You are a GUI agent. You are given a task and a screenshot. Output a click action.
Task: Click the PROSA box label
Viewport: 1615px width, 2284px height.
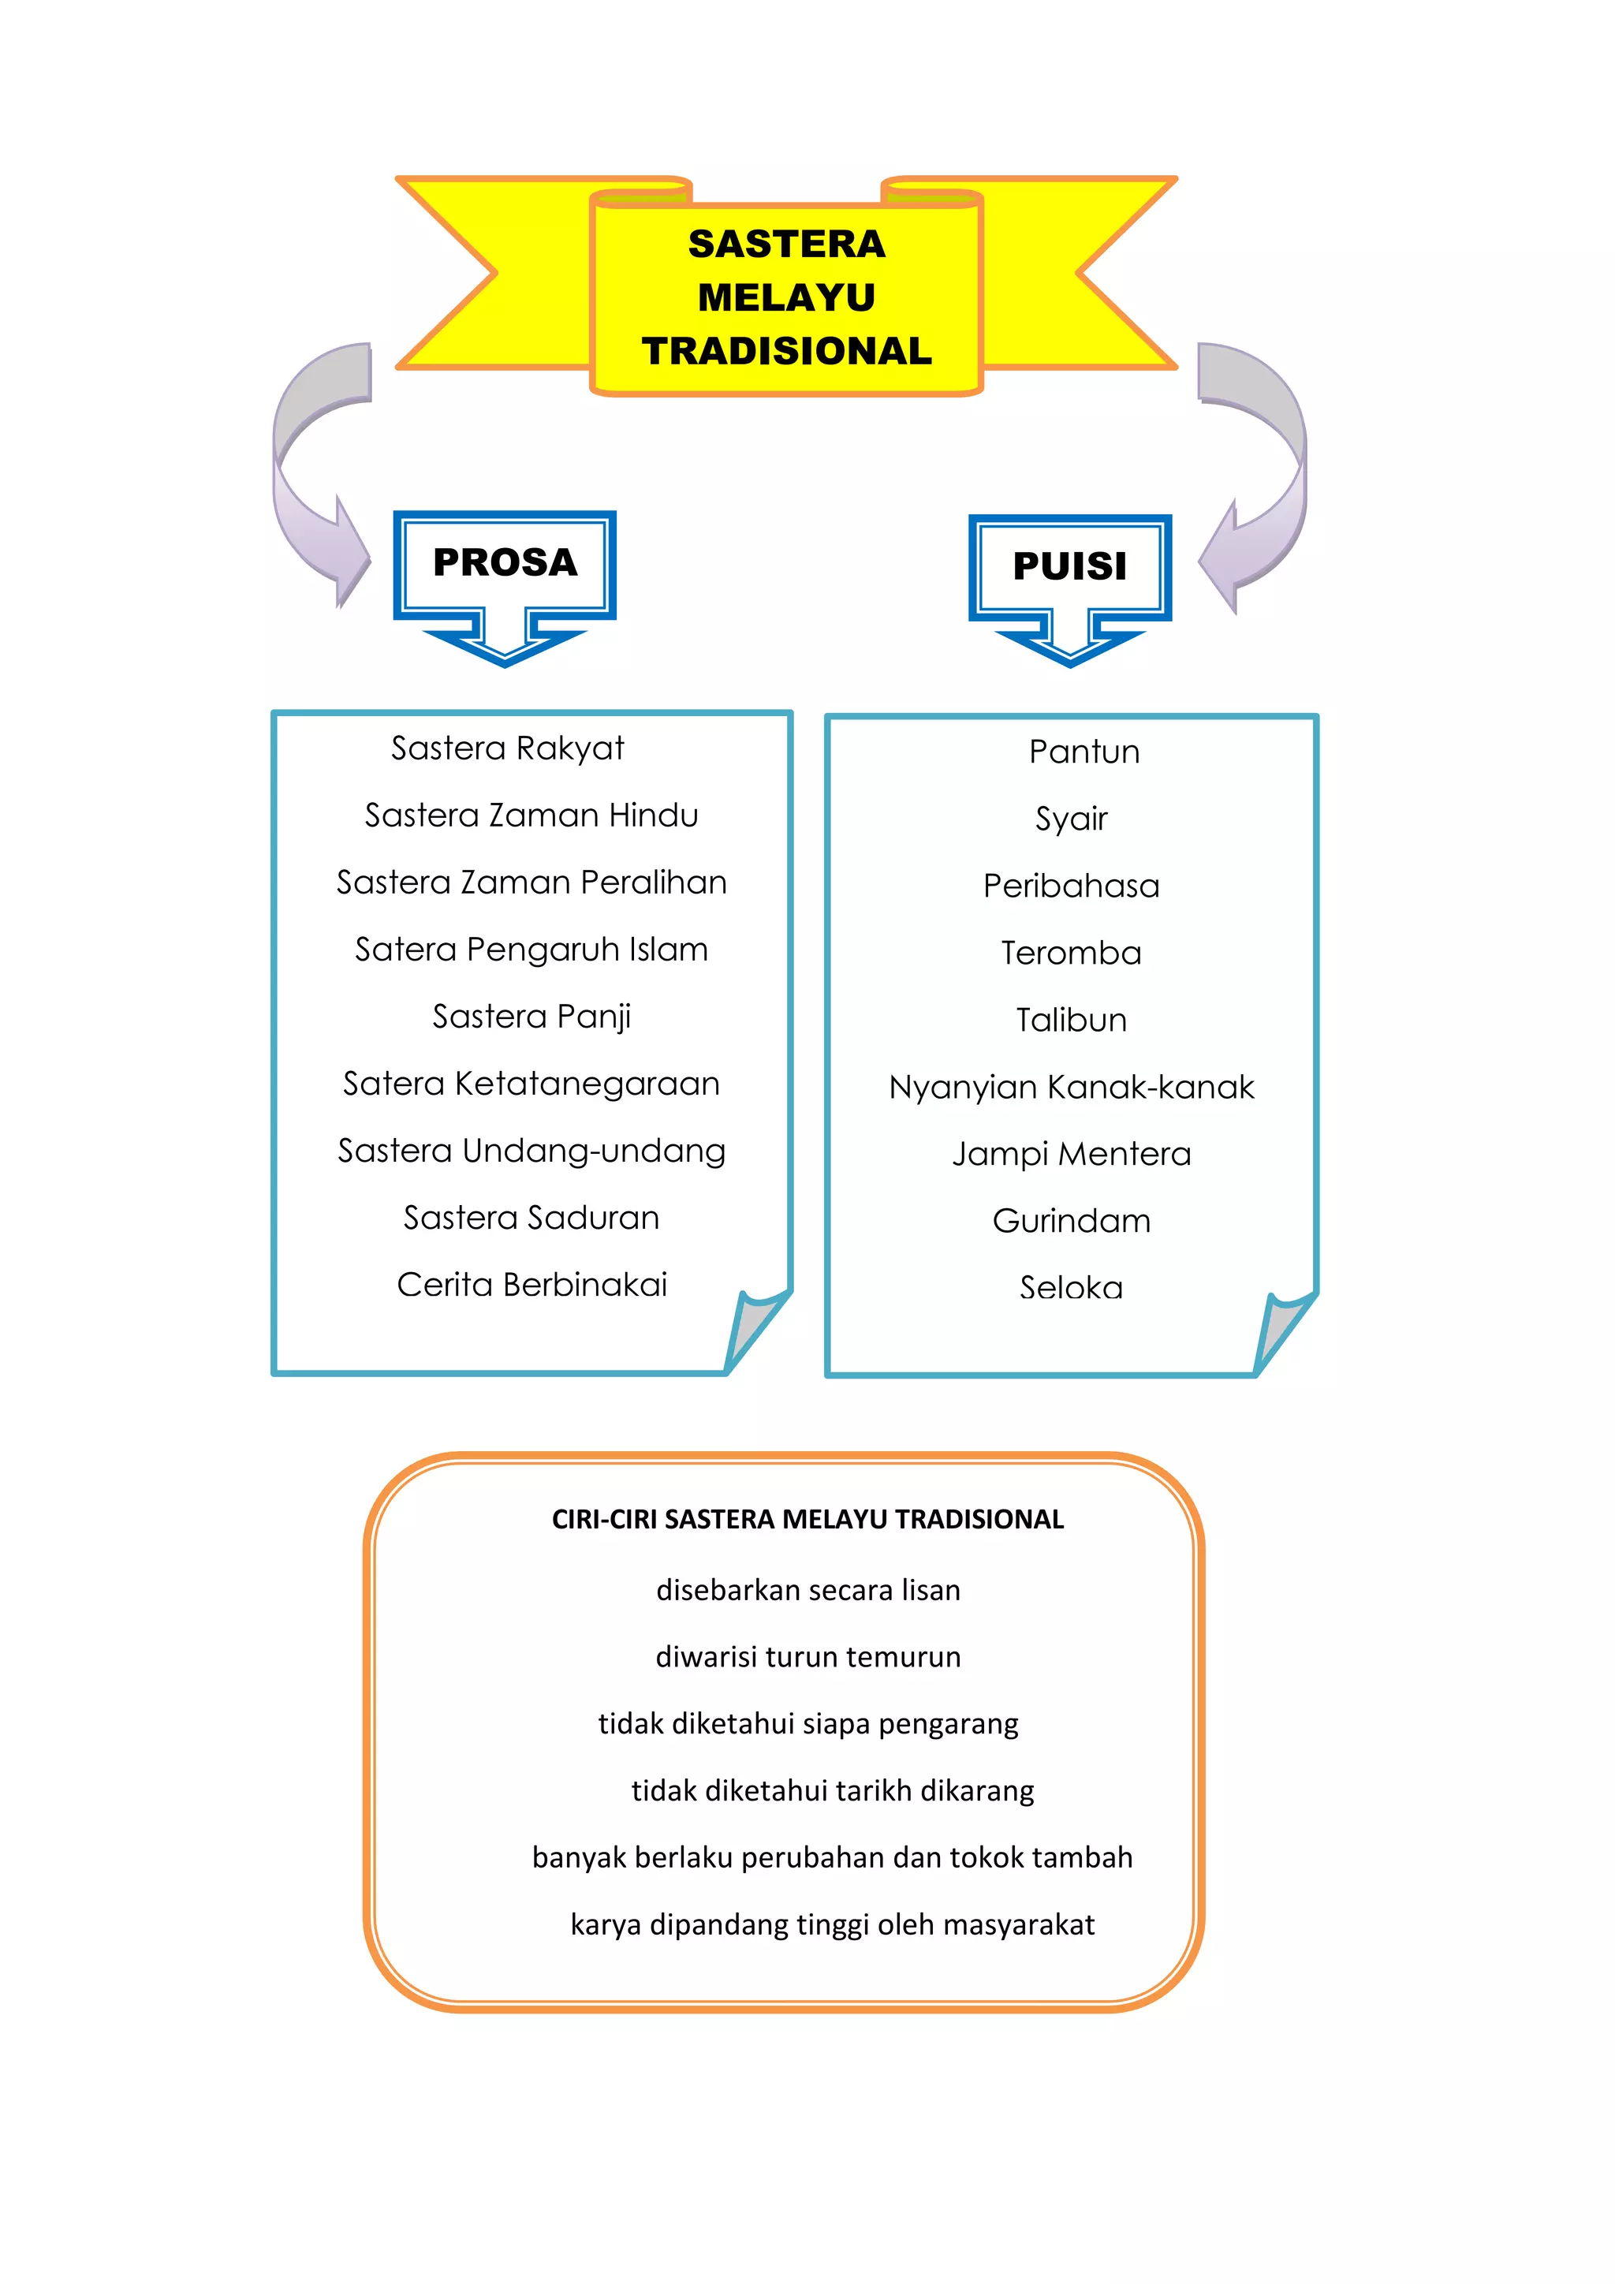point(505,562)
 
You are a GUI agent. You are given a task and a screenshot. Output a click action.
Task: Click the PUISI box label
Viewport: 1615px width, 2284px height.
point(1070,566)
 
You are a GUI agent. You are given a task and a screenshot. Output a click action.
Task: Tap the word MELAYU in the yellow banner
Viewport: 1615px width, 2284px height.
point(787,297)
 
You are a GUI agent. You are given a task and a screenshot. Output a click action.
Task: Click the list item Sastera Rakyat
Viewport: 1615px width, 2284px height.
point(507,748)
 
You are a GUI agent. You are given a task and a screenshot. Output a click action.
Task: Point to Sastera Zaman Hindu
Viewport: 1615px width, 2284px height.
point(531,815)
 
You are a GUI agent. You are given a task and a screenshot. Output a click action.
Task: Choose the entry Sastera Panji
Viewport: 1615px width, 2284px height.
point(531,1017)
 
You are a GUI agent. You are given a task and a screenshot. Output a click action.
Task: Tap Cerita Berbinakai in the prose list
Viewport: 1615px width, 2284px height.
point(531,1286)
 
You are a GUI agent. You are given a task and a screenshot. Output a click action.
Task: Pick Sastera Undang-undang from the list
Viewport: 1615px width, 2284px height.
point(531,1151)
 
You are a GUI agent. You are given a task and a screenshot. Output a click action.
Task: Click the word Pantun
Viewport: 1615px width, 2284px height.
point(1084,752)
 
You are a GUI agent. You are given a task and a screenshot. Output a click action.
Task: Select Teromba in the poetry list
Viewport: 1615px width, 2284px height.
point(1071,953)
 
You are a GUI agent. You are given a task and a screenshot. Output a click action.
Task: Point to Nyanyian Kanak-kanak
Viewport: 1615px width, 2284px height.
point(1071,1088)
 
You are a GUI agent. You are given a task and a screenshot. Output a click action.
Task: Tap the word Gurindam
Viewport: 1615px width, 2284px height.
point(1071,1222)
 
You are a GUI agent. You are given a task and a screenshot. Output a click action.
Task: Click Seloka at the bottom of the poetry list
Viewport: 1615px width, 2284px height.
point(1071,1288)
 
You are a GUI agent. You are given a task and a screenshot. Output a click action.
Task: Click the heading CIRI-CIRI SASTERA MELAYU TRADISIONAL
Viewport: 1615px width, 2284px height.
point(807,1519)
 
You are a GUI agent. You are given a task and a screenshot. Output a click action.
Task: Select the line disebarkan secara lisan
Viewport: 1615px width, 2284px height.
point(807,1590)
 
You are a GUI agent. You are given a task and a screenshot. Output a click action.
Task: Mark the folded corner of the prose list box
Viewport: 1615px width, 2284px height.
point(755,1328)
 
